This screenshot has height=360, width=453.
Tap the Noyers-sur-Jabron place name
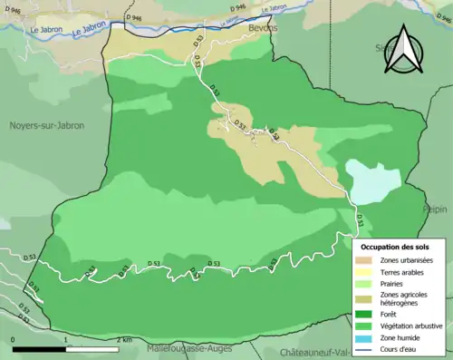coord(47,126)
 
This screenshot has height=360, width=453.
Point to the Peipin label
coord(435,209)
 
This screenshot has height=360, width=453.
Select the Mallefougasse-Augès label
coord(188,346)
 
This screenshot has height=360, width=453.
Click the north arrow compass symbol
coord(403,52)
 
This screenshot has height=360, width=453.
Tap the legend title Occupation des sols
coord(397,246)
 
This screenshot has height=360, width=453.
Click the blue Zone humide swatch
coord(369,335)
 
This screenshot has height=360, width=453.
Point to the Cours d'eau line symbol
coord(369,345)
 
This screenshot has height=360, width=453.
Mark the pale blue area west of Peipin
coord(371,182)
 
